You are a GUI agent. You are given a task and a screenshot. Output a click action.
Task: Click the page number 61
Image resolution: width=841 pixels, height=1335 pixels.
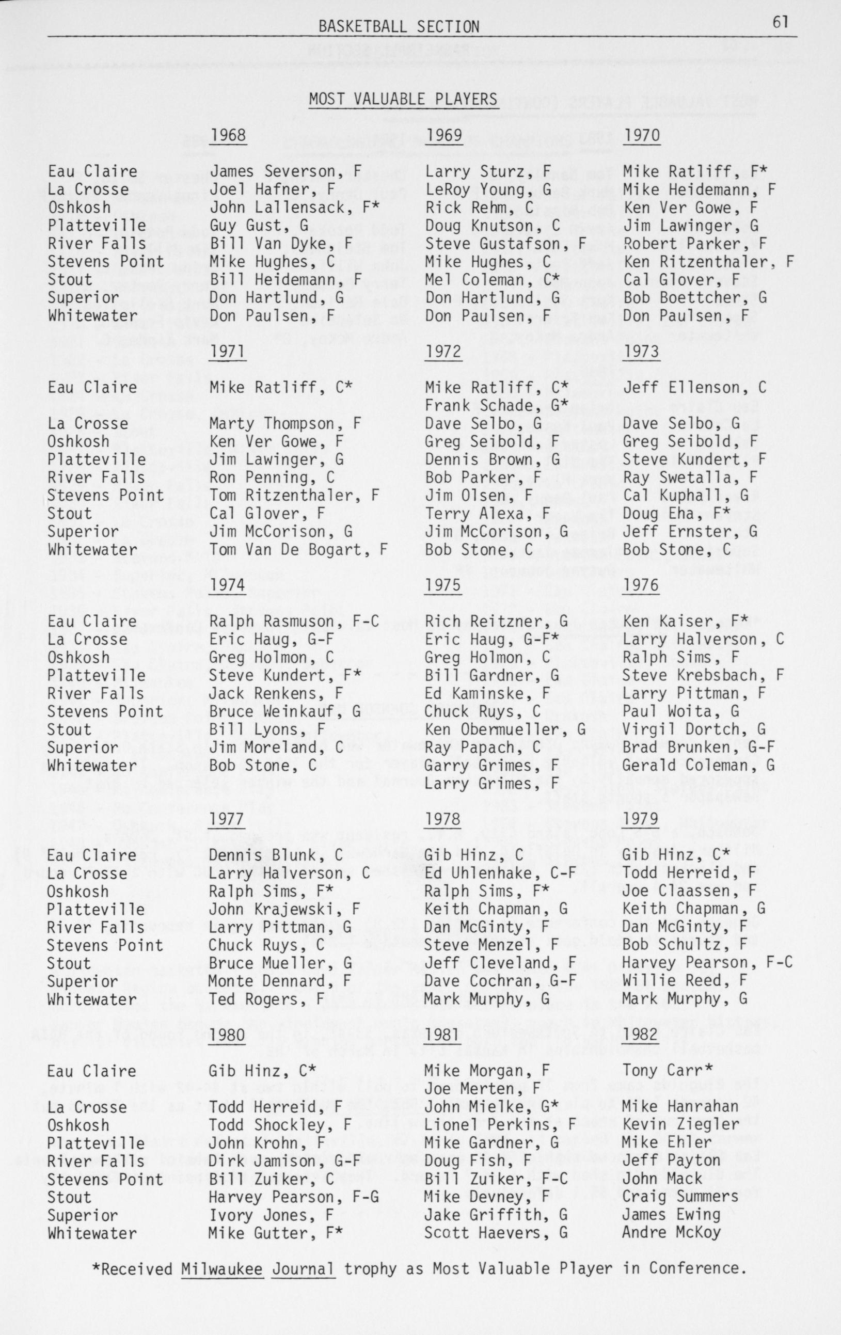(x=779, y=22)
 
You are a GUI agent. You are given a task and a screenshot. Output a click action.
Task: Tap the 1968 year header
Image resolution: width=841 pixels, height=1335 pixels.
(x=228, y=136)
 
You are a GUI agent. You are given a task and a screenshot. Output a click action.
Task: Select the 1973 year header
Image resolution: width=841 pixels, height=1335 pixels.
(x=641, y=352)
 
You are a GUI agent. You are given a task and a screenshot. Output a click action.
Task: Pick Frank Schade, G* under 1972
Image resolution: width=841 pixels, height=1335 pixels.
(x=496, y=405)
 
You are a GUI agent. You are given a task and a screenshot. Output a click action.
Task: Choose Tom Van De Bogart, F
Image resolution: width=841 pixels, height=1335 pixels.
(x=298, y=549)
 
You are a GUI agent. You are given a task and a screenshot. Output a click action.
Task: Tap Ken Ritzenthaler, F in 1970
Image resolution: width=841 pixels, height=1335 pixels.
(x=708, y=262)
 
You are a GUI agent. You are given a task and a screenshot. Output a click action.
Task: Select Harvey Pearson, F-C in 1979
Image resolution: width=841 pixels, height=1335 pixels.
(x=707, y=963)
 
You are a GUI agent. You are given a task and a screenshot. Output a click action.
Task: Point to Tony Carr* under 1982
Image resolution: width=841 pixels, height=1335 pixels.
(x=667, y=1071)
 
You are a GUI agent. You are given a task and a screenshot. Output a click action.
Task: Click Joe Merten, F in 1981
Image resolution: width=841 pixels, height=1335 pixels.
(x=482, y=1089)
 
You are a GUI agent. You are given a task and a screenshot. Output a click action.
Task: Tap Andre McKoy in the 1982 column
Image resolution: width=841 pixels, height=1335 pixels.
(x=671, y=1233)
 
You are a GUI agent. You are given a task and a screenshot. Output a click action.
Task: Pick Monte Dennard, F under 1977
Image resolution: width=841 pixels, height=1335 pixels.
(x=279, y=981)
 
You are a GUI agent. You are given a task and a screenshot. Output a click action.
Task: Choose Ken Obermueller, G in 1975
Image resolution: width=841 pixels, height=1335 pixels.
(x=504, y=729)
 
